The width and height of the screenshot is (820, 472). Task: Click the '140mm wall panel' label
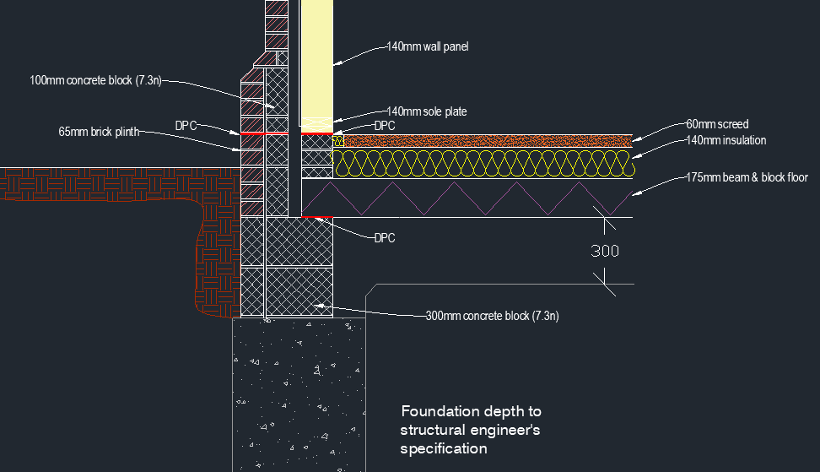[427, 46]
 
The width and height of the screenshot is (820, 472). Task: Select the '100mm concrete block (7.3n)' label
[95, 80]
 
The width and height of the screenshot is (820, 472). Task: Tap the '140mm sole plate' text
[427, 111]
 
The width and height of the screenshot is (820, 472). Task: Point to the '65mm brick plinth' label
[99, 132]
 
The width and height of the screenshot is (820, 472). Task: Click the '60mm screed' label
[717, 124]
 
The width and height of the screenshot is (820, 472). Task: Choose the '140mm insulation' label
[726, 140]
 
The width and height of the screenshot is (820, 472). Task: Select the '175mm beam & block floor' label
[747, 177]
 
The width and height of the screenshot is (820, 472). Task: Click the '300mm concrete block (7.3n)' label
[492, 316]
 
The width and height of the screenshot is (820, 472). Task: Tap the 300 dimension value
[605, 251]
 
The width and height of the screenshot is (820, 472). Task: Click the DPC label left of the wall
[186, 126]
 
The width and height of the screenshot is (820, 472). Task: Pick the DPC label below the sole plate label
[385, 126]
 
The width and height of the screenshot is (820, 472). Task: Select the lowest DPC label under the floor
[385, 238]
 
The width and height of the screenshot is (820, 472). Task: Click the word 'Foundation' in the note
[440, 411]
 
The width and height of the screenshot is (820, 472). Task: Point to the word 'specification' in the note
[444, 449]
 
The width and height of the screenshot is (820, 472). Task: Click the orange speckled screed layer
[488, 141]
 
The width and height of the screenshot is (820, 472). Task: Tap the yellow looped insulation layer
[483, 163]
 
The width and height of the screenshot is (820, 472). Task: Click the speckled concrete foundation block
[299, 395]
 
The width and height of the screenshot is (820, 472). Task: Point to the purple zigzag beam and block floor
[467, 198]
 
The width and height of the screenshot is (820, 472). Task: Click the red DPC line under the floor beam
[317, 217]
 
